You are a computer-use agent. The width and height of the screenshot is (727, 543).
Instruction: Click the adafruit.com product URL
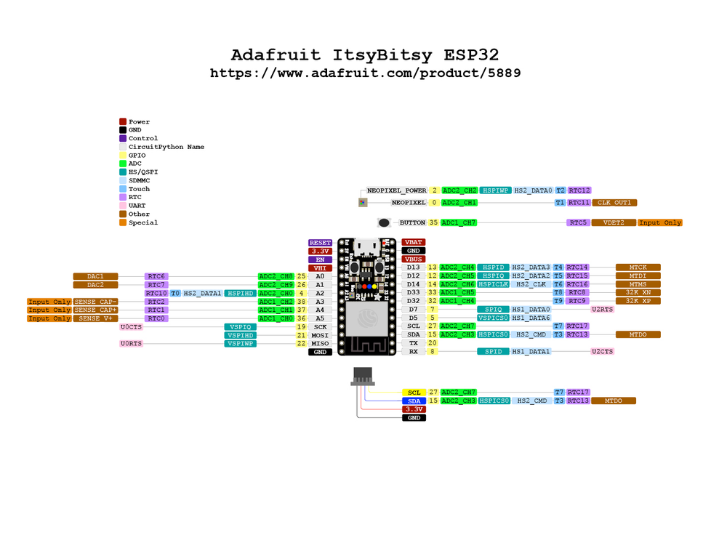point(365,73)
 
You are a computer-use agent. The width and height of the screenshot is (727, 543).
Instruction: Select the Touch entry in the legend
point(140,189)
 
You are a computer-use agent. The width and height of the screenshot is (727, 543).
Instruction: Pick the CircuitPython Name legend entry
point(166,147)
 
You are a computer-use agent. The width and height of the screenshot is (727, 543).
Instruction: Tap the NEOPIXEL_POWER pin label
point(397,190)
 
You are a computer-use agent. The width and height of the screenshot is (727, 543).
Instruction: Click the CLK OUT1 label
point(614,203)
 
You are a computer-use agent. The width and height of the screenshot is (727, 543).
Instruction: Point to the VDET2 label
point(614,222)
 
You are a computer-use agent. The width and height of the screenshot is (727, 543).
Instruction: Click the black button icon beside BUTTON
point(384,222)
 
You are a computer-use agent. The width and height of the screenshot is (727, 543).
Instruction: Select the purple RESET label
point(320,243)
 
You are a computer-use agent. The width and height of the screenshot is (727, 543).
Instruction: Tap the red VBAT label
point(413,242)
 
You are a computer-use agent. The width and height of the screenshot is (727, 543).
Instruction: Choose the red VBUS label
point(413,259)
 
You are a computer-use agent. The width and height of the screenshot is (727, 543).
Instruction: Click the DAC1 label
point(96,276)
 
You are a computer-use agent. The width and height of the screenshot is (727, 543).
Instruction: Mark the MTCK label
point(638,268)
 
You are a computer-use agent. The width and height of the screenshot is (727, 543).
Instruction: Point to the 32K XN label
point(638,292)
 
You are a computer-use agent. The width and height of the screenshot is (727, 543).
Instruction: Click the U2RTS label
point(603,310)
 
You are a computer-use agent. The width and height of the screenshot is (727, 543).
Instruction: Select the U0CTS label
point(132,327)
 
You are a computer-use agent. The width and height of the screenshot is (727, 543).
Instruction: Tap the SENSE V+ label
point(95,318)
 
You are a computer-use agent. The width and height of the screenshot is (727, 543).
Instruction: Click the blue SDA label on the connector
point(414,401)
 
